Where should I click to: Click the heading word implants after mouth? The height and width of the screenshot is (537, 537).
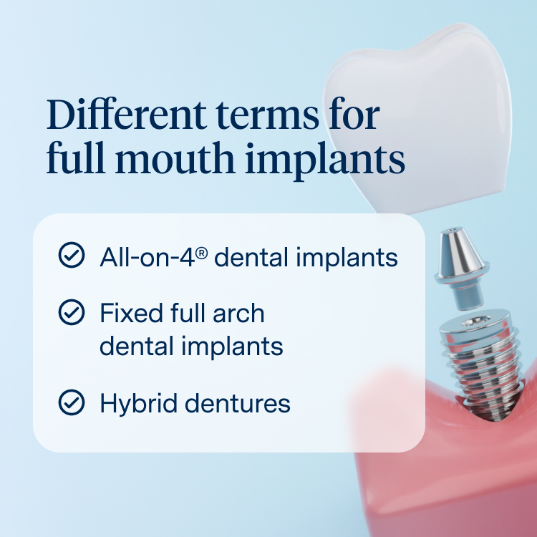pyautogui.click(x=325, y=161)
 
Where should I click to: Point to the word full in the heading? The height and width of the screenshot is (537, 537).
pyautogui.click(x=76, y=158)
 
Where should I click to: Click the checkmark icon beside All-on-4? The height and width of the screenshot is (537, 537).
pyautogui.click(x=72, y=255)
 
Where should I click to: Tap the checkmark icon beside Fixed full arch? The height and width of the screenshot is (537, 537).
pyautogui.click(x=72, y=312)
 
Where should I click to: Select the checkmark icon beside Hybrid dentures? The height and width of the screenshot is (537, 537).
pyautogui.click(x=72, y=402)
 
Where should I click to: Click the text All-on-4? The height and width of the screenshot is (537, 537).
pyautogui.click(x=147, y=257)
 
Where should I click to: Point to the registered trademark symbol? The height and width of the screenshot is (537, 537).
pyautogui.click(x=202, y=253)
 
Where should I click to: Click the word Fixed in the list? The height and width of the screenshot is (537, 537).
pyautogui.click(x=131, y=313)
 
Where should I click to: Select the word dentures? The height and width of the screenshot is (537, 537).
pyautogui.click(x=238, y=403)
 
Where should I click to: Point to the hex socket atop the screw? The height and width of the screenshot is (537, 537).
pyautogui.click(x=475, y=321)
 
